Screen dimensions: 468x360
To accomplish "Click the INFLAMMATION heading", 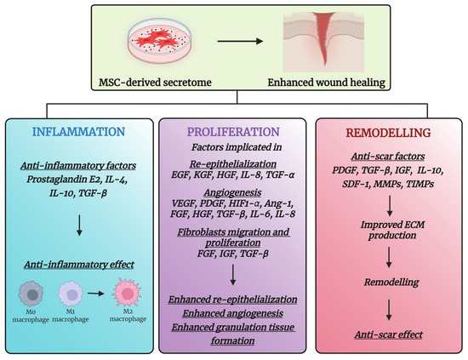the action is pos(78,132).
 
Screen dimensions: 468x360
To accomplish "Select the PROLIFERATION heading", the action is pos(233,132).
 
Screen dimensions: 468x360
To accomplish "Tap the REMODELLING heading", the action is pos(388,133).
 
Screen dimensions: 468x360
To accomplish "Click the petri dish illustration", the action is pos(160,41).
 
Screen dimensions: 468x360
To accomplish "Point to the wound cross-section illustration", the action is pos(323,42).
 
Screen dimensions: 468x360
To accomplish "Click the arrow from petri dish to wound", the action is pos(240,41).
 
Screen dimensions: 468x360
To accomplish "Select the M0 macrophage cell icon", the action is pos(31,294).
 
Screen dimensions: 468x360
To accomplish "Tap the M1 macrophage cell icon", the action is pos(71,294).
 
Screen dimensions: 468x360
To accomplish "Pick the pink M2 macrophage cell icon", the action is pos(127,293).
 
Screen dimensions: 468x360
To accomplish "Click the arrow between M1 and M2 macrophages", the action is pos(95,294).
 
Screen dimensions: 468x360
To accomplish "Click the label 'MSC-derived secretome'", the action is pos(155,82).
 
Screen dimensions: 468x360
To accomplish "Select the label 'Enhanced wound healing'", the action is pos(327,82).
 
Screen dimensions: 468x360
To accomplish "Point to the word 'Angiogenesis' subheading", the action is pos(233,192).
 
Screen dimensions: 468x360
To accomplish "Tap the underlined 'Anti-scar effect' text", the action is pos(389,334).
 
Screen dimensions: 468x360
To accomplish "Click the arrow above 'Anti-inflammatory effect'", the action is pos(79,225).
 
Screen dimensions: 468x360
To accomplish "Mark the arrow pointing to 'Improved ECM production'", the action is pos(390,206).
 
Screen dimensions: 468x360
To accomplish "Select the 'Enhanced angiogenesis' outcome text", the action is pos(233,313).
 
